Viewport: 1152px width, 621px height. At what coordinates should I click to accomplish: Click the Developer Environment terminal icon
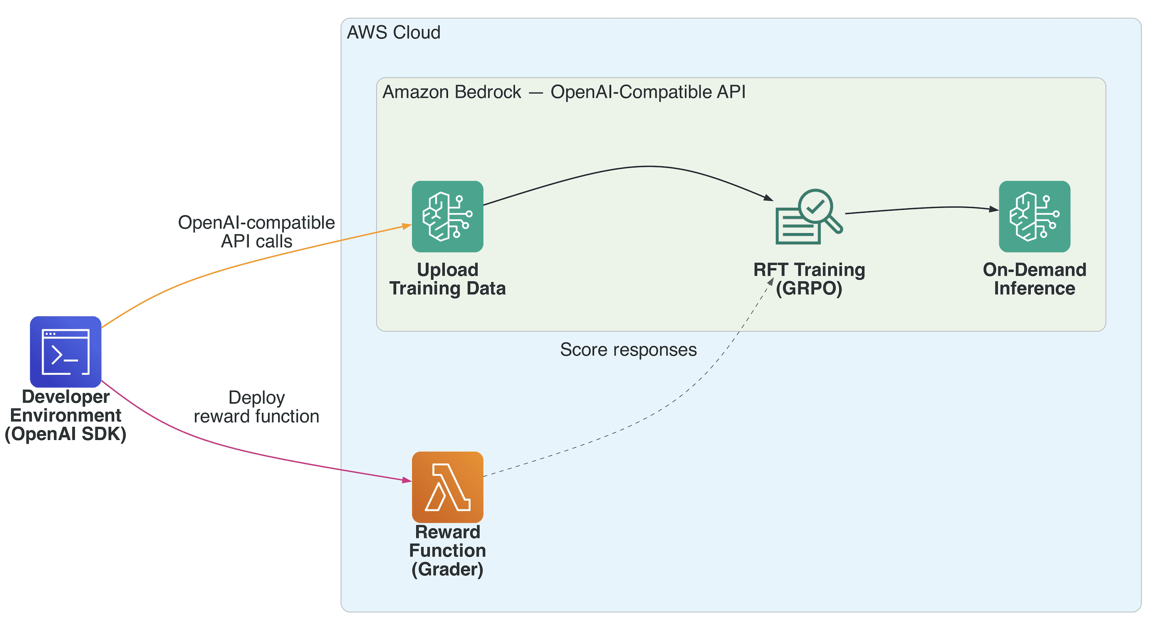(x=65, y=352)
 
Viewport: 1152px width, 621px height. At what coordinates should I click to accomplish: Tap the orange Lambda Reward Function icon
(x=447, y=487)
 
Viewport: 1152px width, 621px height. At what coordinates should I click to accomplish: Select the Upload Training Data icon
(x=447, y=217)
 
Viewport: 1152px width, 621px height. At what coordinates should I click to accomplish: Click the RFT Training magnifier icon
(x=808, y=217)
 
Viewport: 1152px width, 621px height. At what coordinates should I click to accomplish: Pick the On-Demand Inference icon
(x=1034, y=217)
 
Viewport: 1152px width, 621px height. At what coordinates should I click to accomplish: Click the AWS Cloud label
(x=393, y=33)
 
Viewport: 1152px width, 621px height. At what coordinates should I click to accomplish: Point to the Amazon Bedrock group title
(x=564, y=92)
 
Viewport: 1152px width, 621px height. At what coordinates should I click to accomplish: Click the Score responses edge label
(x=628, y=350)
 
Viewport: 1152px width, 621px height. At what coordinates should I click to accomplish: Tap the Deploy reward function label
(x=256, y=407)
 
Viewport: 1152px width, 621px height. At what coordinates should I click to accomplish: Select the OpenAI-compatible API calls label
(x=256, y=232)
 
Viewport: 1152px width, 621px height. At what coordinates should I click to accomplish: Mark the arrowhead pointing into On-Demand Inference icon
(x=993, y=209)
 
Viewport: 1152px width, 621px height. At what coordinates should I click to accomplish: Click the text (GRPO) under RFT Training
(x=808, y=288)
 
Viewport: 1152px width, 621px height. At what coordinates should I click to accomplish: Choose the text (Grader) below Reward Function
(x=447, y=569)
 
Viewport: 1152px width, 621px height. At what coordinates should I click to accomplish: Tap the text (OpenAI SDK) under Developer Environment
(x=65, y=434)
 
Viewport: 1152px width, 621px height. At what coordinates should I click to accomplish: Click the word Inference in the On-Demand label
(x=1034, y=288)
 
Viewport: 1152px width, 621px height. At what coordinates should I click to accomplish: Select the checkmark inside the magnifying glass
(x=815, y=207)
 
